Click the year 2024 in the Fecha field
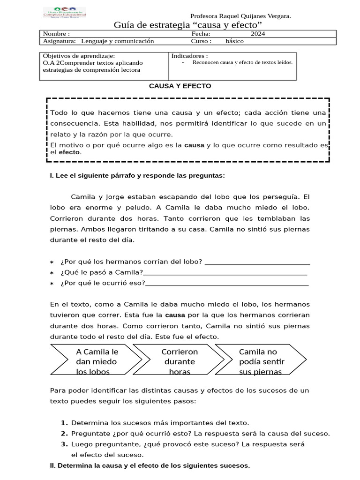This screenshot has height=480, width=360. tap(258, 34)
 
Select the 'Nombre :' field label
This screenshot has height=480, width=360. tap(56, 34)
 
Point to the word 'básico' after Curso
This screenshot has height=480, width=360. tap(234, 41)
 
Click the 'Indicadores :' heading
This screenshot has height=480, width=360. tap(190, 55)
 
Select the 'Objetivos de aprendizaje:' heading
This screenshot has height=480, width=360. tap(76, 55)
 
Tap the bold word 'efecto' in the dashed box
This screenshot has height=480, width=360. tap(69, 152)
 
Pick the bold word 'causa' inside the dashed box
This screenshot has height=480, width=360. tap(194, 145)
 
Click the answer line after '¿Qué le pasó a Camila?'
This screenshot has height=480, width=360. tap(225, 273)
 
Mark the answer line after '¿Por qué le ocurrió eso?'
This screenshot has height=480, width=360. tap(227, 283)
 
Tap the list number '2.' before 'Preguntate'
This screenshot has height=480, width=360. tap(65, 434)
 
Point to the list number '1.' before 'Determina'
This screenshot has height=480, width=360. tap(65, 423)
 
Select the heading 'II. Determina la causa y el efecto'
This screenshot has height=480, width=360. tap(150, 466)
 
